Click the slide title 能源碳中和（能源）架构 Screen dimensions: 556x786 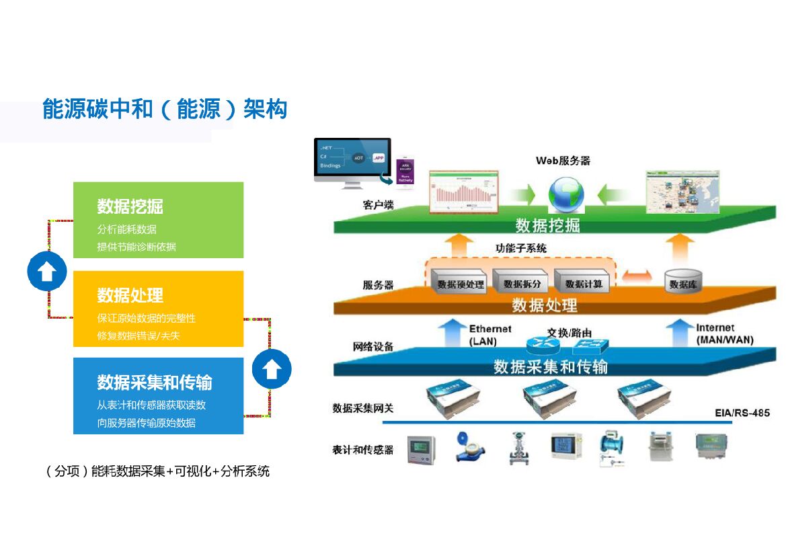point(165,109)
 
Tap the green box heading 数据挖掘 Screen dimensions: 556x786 point(130,206)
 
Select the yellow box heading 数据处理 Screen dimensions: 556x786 point(130,295)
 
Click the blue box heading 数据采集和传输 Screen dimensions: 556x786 point(155,383)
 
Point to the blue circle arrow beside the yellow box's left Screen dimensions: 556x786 point(46,272)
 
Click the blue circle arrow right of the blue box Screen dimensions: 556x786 point(271,370)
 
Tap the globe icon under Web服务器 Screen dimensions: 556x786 point(565,194)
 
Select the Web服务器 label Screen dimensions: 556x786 point(563,161)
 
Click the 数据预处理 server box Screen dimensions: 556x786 point(460,282)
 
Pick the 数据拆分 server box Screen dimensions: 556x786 point(522,282)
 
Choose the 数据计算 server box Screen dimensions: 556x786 point(584,282)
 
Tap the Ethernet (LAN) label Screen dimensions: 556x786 point(490,335)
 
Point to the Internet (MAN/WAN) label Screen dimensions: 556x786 point(724,334)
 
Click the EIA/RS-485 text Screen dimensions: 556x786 point(742,413)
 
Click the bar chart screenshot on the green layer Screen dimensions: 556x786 point(465,192)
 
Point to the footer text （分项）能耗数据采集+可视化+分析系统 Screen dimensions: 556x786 point(157,471)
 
